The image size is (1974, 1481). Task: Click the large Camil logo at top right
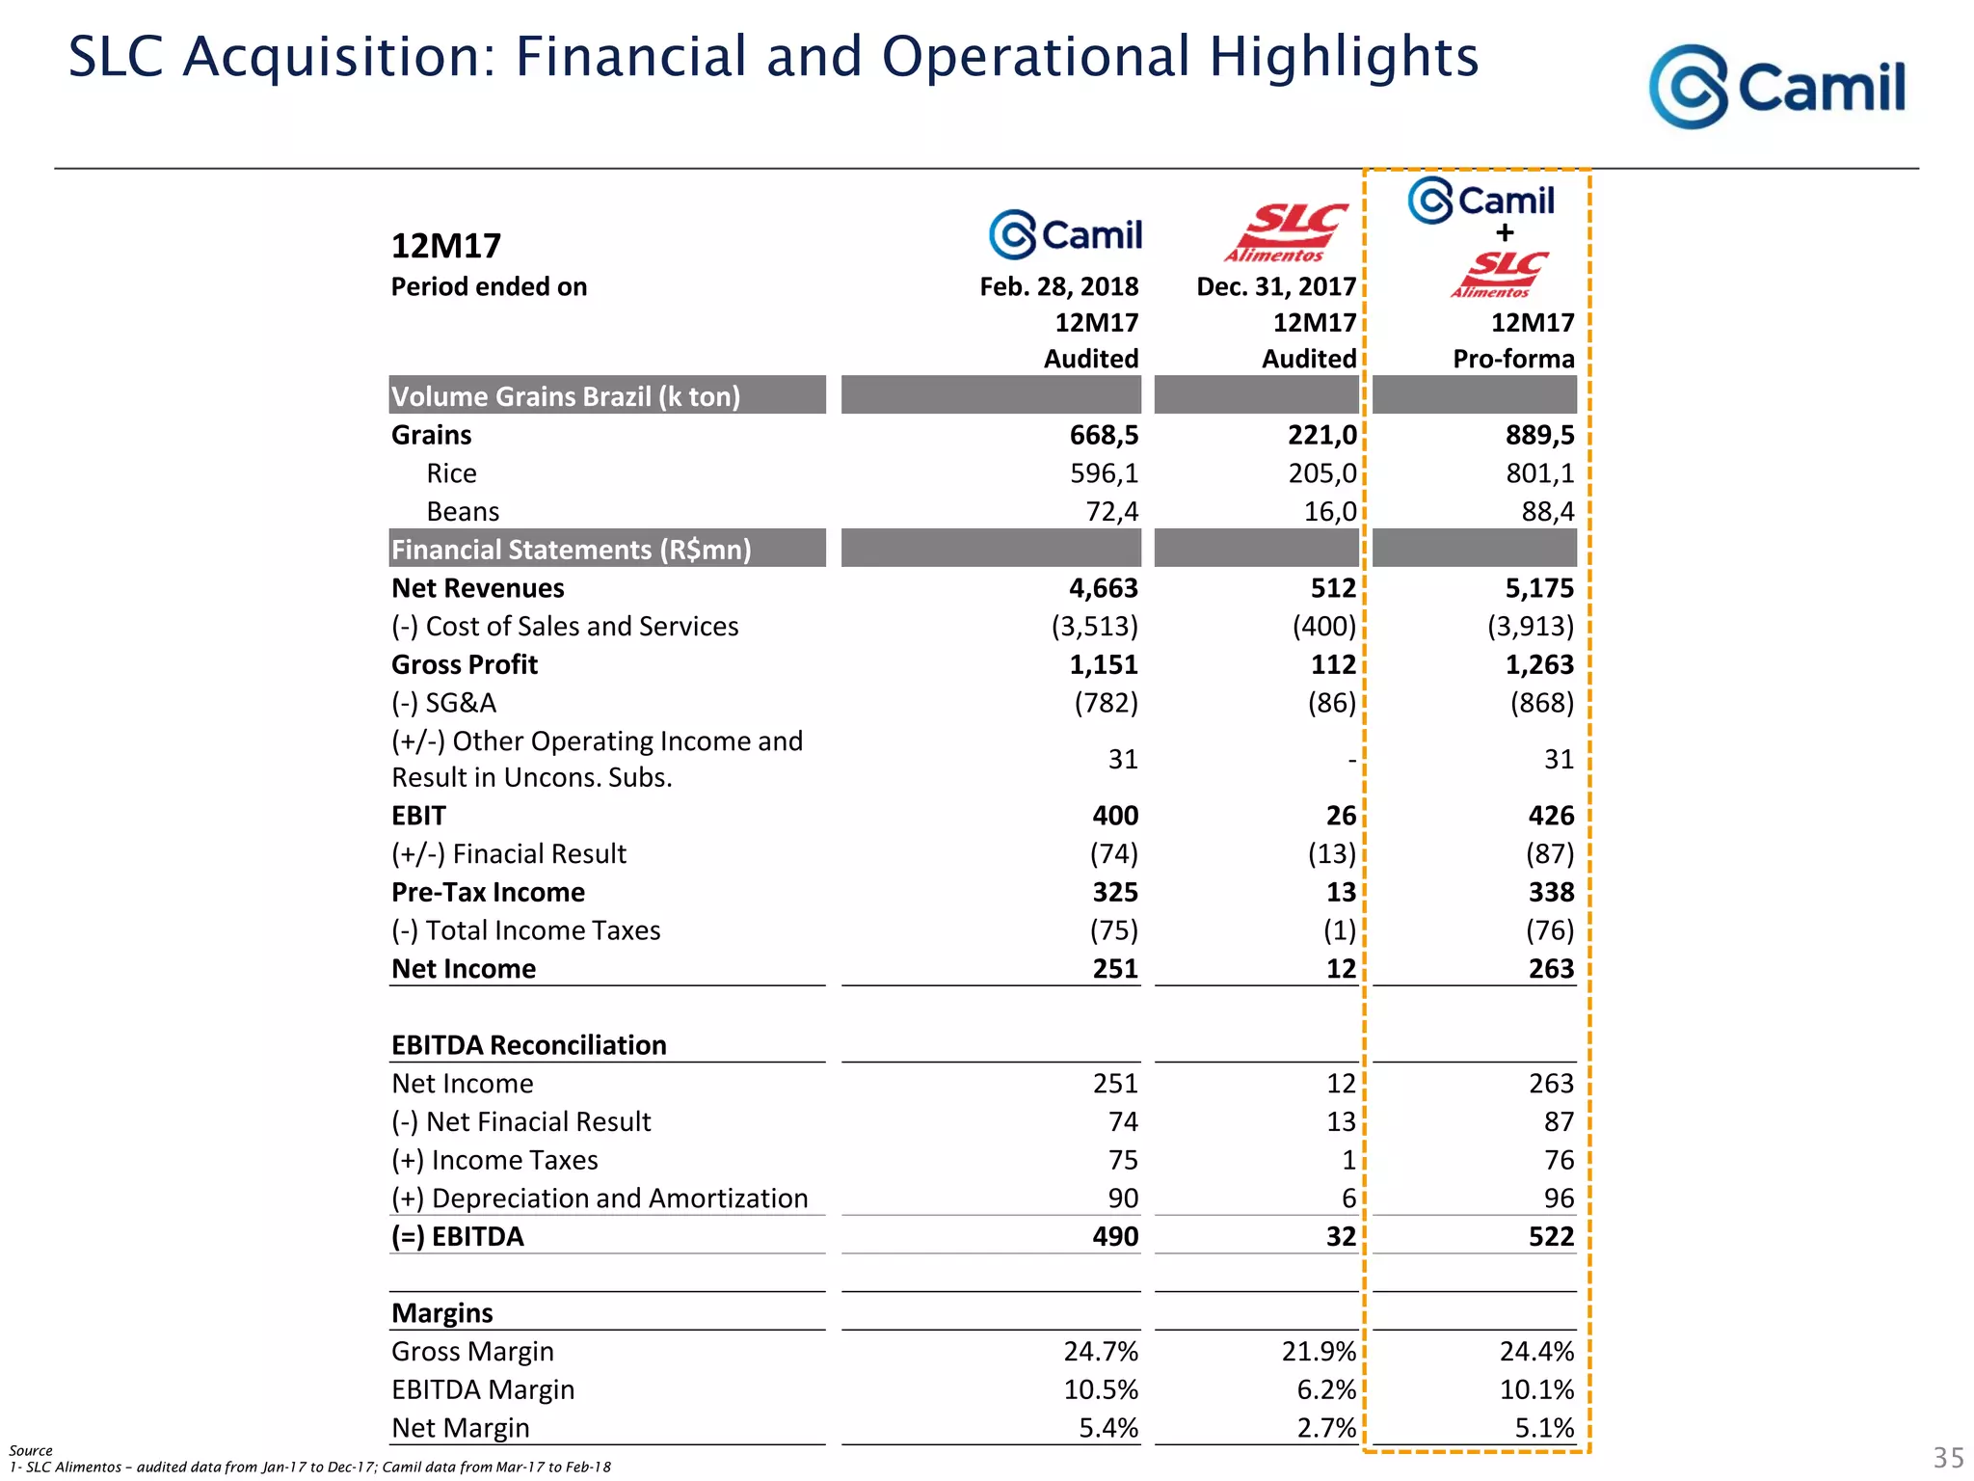coord(1776,87)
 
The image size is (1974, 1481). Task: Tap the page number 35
coord(1948,1457)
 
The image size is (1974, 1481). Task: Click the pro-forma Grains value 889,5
coord(1539,435)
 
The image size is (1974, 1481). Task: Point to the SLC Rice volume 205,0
coord(1321,473)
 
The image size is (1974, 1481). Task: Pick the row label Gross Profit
coord(465,664)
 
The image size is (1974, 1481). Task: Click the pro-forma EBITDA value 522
coord(1550,1236)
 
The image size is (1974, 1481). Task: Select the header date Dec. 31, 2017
coord(1275,286)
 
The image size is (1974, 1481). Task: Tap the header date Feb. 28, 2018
coord(1058,286)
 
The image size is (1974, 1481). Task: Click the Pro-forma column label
coord(1512,359)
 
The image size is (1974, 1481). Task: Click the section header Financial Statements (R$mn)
coord(571,550)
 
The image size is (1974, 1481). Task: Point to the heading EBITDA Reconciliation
coord(528,1045)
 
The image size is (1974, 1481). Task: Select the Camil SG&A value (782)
coord(1106,703)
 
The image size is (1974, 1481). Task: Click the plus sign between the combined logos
coord(1505,232)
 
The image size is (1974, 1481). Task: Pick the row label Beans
coord(463,512)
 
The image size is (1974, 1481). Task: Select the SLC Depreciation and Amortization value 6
coord(1348,1198)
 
